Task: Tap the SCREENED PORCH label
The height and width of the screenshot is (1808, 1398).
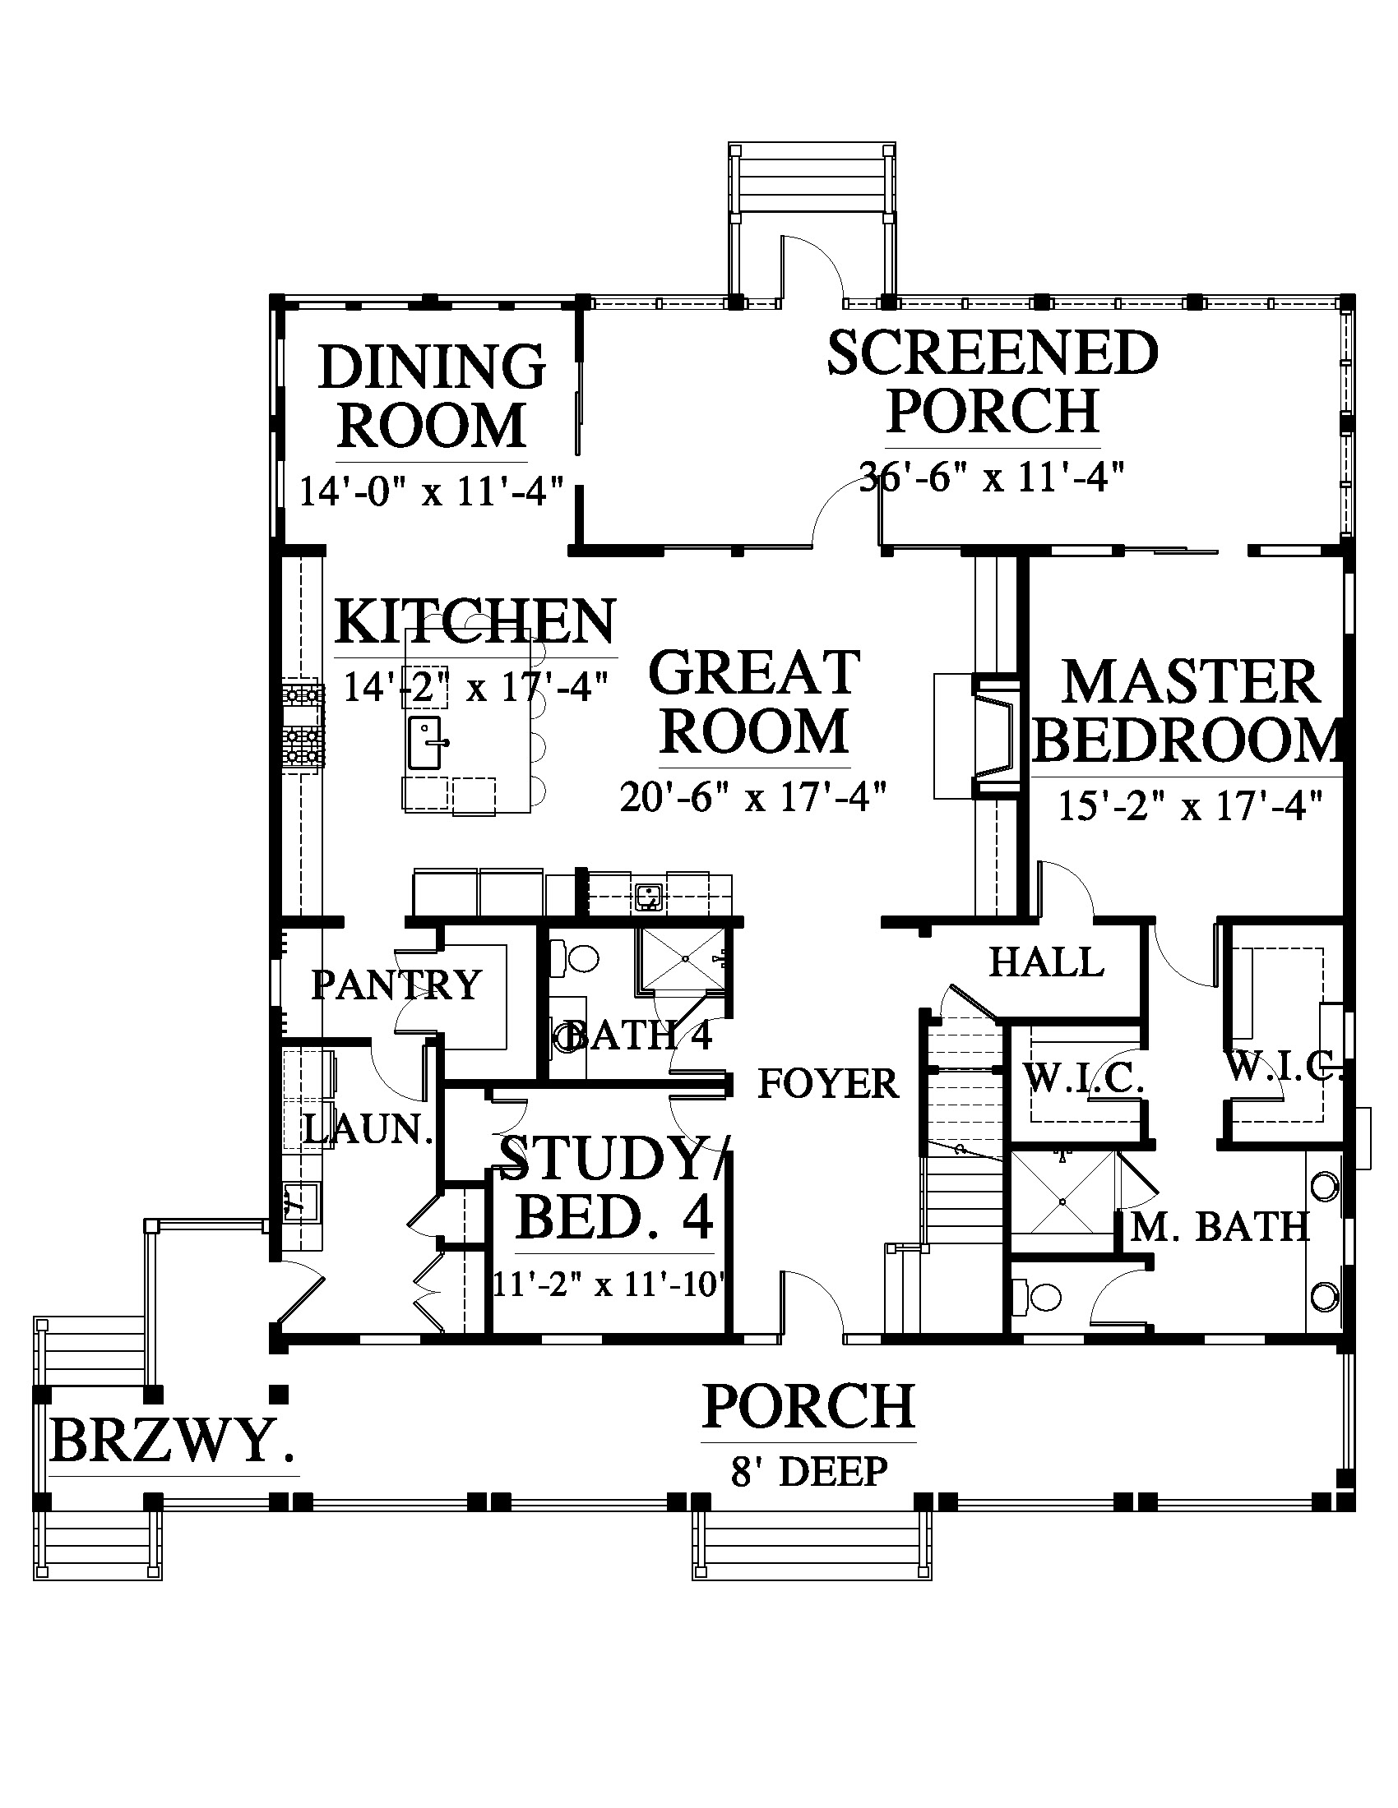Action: [x=993, y=381]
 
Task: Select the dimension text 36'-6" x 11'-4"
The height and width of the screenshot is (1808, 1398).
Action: [x=993, y=477]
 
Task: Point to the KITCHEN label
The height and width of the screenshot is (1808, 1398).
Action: [x=476, y=622]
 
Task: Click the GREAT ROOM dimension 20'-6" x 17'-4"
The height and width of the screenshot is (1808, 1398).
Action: [x=753, y=797]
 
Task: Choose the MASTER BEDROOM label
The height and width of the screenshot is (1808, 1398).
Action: [x=1188, y=710]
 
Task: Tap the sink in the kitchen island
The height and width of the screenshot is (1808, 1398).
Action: [x=428, y=743]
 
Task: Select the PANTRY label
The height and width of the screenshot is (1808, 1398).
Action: [x=396, y=985]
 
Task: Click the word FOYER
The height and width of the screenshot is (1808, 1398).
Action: [x=828, y=1084]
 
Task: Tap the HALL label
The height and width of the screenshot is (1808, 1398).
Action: [x=1047, y=962]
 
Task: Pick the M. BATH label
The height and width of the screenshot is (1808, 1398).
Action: [x=1220, y=1226]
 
